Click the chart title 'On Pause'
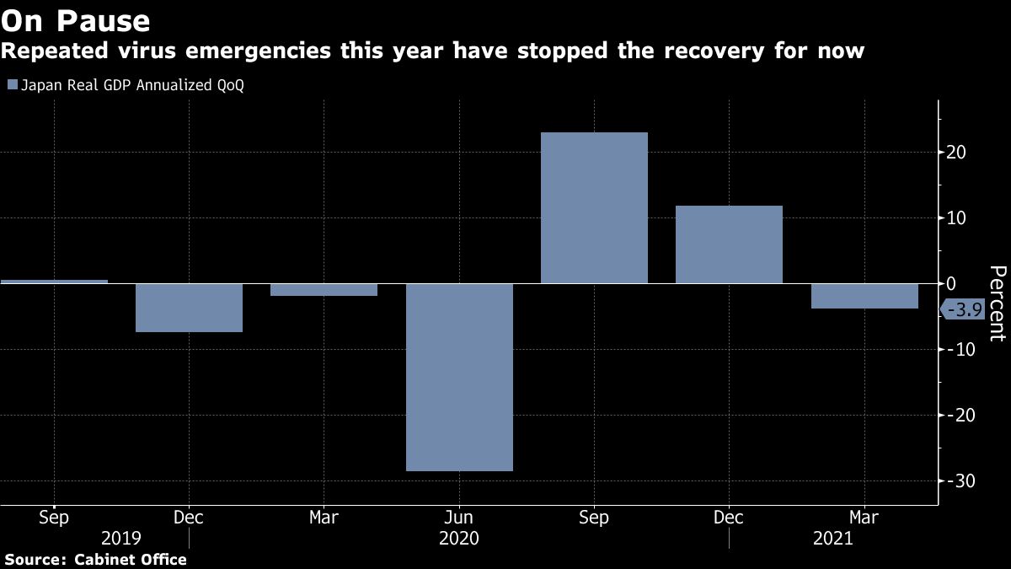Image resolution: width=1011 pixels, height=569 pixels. pyautogui.click(x=76, y=20)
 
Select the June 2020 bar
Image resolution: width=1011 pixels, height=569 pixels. pyautogui.click(x=459, y=377)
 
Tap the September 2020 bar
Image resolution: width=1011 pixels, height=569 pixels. pyautogui.click(x=594, y=207)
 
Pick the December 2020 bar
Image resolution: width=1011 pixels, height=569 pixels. pyautogui.click(x=729, y=244)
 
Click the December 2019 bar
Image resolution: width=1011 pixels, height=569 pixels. pyautogui.click(x=189, y=308)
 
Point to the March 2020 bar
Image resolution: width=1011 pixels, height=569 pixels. pyautogui.click(x=324, y=290)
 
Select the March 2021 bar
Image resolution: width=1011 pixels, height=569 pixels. pyautogui.click(x=864, y=296)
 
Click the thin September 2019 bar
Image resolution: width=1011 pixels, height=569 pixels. pyautogui.click(x=54, y=282)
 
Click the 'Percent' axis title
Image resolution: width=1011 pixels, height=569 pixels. pyautogui.click(x=998, y=303)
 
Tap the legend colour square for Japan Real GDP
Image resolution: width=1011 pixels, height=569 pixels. pyautogui.click(x=11, y=85)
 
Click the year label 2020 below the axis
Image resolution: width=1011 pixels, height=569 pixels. pyautogui.click(x=459, y=538)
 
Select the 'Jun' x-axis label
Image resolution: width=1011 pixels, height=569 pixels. pyautogui.click(x=459, y=518)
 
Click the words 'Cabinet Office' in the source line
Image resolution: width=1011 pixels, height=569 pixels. pyautogui.click(x=131, y=559)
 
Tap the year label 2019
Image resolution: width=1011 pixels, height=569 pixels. pyautogui.click(x=121, y=538)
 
